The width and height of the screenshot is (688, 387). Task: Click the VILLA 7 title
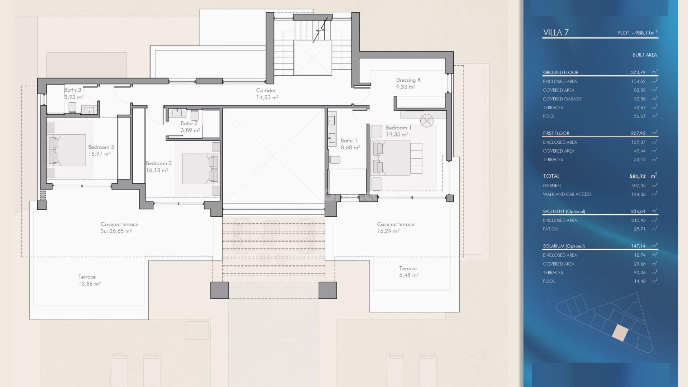tap(556, 33)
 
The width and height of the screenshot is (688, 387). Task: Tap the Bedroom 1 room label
tap(398, 128)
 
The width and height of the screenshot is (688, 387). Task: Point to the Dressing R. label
tap(409, 80)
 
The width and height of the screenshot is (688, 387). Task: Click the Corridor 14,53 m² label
tap(267, 94)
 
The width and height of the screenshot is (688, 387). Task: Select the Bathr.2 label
tap(189, 123)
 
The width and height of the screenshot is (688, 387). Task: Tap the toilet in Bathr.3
tap(72, 107)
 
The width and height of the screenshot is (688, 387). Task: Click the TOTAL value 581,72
tap(637, 176)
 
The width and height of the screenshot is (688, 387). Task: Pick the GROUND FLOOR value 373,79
tap(638, 72)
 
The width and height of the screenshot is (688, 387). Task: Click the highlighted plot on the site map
tap(620, 333)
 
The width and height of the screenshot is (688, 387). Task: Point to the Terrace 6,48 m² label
tap(408, 272)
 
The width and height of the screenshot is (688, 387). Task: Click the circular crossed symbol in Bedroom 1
tap(427, 121)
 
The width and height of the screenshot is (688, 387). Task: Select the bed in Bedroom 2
tap(199, 169)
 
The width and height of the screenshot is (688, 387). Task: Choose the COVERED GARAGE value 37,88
tap(640, 99)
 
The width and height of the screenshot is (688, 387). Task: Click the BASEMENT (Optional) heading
tap(564, 211)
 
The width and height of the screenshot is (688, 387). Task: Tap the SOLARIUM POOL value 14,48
tap(640, 281)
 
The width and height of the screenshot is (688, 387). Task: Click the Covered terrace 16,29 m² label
tap(395, 228)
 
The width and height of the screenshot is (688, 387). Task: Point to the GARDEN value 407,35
tap(638, 186)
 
